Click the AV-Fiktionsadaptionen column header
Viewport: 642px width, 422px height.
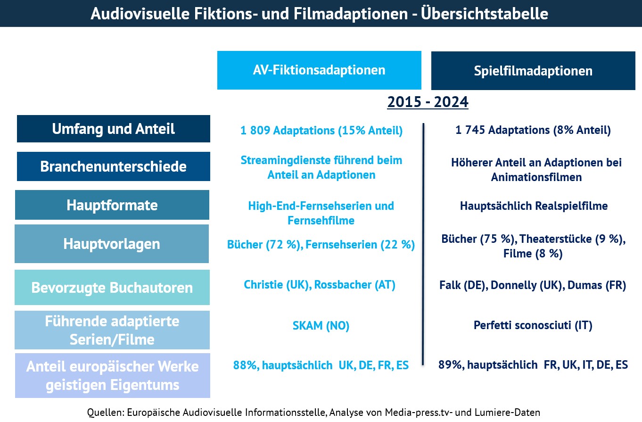[319, 70]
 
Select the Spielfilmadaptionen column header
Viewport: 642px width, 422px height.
[533, 71]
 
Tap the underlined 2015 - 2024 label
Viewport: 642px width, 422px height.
[428, 102]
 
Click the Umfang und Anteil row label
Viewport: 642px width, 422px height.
[114, 129]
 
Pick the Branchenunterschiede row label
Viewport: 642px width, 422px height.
[114, 166]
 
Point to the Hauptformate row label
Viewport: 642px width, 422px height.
[112, 205]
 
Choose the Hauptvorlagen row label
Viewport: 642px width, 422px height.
[112, 244]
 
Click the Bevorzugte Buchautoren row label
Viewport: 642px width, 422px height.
[112, 287]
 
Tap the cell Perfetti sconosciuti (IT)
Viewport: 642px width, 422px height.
[533, 325]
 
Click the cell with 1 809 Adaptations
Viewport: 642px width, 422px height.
[321, 131]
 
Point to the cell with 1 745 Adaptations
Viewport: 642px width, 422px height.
[533, 130]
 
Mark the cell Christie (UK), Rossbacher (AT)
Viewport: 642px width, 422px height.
[320, 285]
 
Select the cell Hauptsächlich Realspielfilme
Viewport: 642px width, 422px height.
[534, 206]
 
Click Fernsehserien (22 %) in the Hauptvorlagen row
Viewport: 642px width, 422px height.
[360, 245]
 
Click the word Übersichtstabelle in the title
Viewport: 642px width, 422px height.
[491, 14]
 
